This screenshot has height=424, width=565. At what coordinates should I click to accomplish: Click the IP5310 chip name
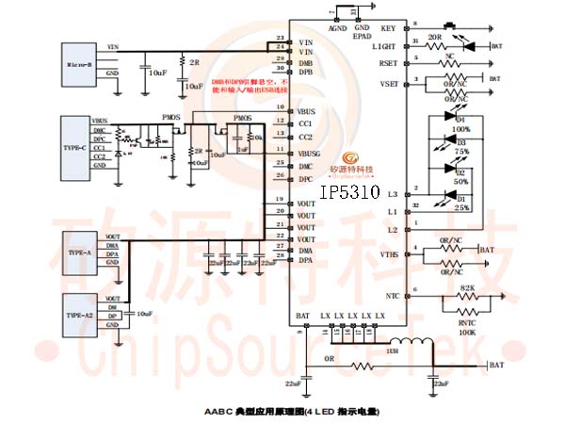coord(349,192)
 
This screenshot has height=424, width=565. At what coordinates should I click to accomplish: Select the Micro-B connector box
coord(77,64)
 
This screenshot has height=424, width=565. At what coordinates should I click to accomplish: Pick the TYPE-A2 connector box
coord(80,310)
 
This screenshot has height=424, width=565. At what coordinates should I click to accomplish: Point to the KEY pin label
coord(388,28)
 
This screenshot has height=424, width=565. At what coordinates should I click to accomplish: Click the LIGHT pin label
coord(384,45)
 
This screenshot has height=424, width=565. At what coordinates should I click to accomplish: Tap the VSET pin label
coord(387,84)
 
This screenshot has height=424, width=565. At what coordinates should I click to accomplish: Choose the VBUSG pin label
coord(310,153)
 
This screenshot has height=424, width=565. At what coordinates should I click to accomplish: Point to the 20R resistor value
coord(435,38)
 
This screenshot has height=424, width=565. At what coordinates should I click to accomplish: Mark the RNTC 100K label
coord(466,326)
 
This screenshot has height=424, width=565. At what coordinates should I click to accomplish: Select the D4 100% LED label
coord(461,123)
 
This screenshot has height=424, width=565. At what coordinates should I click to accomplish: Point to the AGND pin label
coord(337,28)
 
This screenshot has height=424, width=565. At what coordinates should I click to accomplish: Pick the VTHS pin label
coord(388,254)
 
